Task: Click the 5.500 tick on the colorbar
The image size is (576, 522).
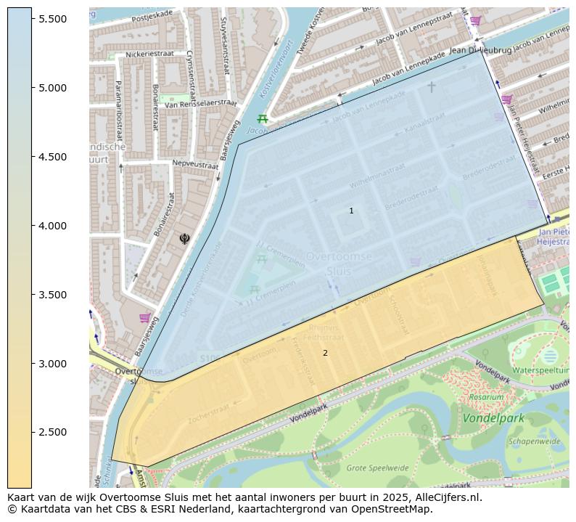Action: point(53,19)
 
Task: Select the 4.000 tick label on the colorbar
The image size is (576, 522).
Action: point(53,226)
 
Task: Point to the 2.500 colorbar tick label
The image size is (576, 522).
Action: point(53,433)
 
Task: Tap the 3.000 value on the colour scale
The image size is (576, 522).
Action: point(53,364)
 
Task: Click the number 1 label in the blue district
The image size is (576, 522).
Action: point(351,211)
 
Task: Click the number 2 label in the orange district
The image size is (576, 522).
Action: point(325,354)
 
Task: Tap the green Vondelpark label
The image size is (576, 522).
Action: point(493,419)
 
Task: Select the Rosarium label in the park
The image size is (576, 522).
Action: point(485,397)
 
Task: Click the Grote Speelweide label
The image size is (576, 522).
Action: point(377,468)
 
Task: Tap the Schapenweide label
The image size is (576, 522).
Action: point(534,441)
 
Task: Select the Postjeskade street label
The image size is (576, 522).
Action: point(152,13)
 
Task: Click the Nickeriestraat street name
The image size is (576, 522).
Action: point(151,54)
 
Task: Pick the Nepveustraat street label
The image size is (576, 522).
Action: point(195,166)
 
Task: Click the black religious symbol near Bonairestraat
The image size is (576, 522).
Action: point(184,238)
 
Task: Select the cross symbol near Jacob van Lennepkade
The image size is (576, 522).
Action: point(431,87)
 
